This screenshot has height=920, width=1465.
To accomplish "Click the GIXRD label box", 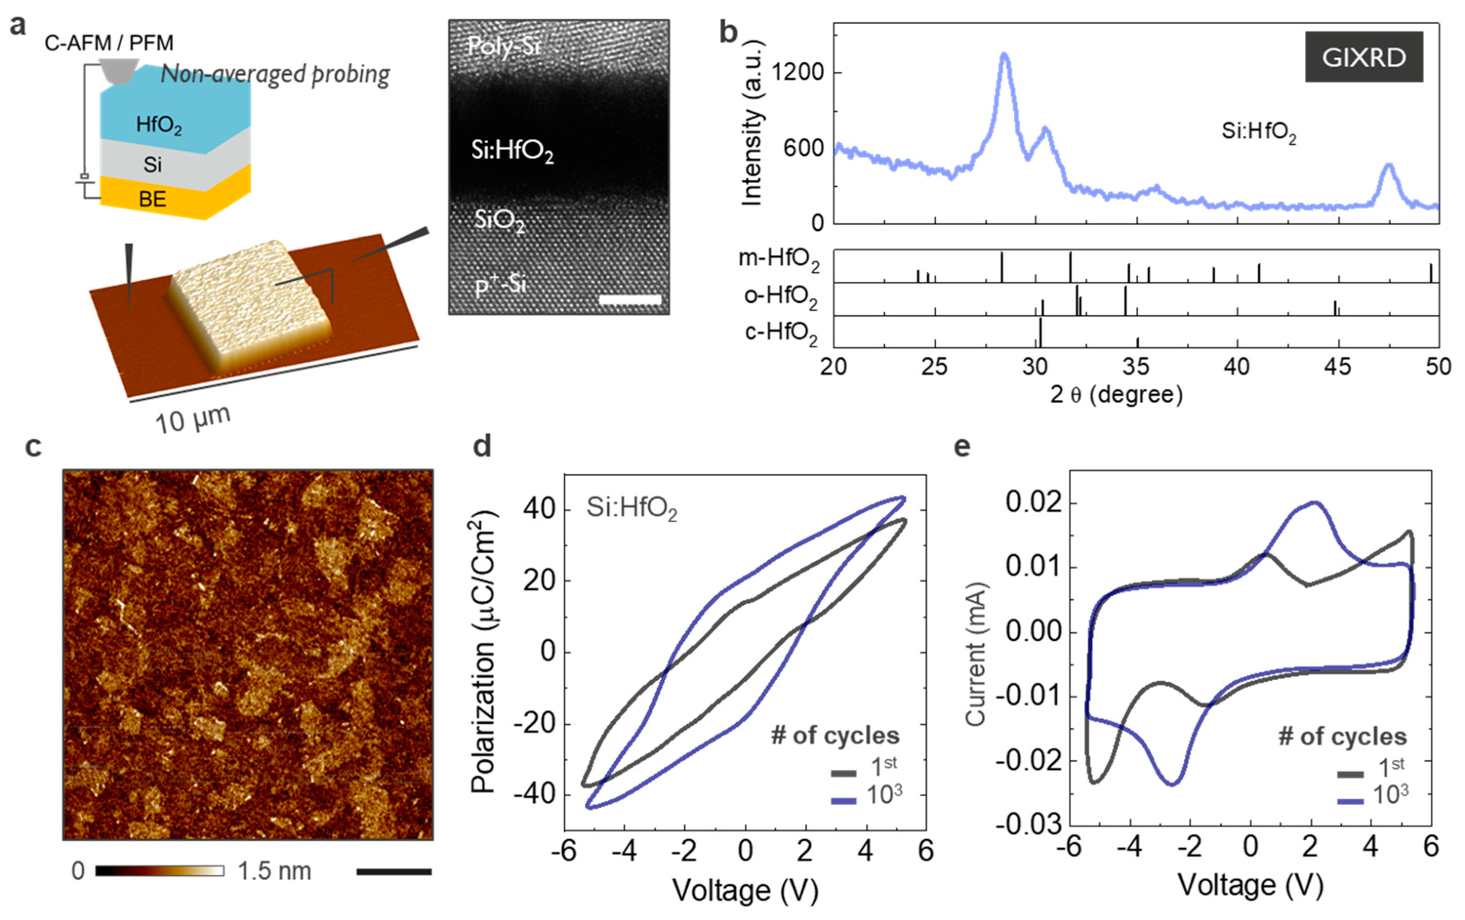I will click(1363, 57).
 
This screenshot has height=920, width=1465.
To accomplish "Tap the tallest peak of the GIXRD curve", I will click(1004, 55).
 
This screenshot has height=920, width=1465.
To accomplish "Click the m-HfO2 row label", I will click(778, 260).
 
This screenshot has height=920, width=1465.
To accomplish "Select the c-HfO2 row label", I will click(781, 333).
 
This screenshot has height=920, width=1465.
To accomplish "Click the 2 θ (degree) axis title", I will click(1116, 395).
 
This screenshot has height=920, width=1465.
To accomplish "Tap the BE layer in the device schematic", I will click(152, 199).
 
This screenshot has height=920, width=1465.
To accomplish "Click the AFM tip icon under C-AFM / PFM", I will click(118, 70).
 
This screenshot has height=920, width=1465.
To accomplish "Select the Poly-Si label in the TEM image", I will click(502, 46).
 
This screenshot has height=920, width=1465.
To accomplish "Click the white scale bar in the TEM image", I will click(630, 299).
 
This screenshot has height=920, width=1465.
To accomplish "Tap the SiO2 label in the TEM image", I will click(499, 221).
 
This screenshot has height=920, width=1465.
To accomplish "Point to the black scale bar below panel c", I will click(394, 871).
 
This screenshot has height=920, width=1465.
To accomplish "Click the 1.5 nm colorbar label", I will click(274, 871).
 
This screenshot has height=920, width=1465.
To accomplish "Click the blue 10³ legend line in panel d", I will click(843, 800).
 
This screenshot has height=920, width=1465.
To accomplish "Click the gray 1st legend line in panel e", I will click(1350, 774).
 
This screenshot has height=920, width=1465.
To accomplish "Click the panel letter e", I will click(962, 447).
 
